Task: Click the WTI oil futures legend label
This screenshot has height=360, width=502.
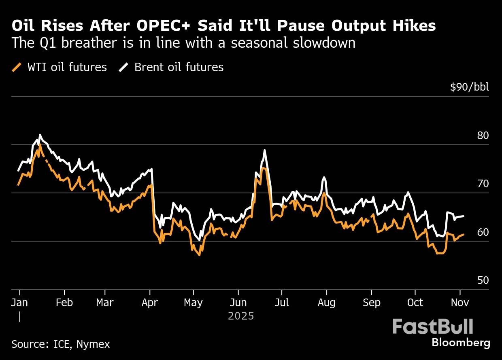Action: [67, 67]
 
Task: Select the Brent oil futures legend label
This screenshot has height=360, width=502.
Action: [179, 67]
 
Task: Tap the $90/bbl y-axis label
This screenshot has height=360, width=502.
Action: [469, 87]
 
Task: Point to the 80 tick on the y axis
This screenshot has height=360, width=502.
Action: [483, 136]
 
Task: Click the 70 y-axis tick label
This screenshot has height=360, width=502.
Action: [483, 184]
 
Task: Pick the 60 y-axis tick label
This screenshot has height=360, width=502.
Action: [483, 232]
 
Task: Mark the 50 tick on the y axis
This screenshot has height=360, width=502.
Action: [483, 280]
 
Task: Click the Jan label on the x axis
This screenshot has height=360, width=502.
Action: [19, 303]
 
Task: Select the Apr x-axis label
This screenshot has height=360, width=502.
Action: [150, 303]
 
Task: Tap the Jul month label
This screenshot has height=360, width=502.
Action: [282, 303]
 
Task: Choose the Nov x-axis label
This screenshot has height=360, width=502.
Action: [460, 303]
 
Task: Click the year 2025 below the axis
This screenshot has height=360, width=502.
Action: [241, 316]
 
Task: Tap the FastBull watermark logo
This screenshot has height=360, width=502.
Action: [433, 326]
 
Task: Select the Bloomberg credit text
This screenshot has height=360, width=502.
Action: [461, 343]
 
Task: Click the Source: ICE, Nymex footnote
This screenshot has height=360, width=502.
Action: [61, 344]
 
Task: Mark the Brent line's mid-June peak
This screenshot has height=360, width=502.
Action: [264, 150]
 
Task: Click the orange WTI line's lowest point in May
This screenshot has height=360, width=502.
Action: [200, 255]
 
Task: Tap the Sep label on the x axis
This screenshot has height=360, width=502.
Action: [372, 303]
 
